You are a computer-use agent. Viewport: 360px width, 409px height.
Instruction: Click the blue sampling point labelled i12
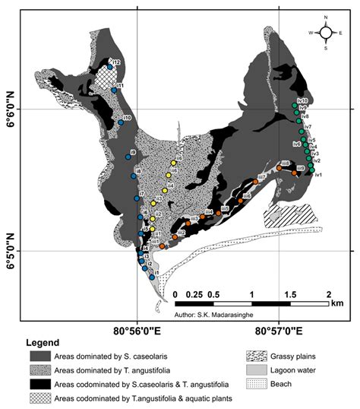point(110,68)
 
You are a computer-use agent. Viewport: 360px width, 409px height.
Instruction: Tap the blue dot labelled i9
point(128,157)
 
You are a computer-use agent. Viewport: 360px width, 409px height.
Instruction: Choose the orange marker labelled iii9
point(294,173)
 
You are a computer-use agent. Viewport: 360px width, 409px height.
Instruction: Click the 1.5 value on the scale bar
point(290,293)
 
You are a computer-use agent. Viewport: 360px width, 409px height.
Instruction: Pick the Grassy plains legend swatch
point(259,355)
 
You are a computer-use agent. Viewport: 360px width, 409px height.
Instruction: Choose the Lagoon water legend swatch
point(259,369)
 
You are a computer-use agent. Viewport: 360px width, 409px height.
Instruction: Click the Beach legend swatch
point(259,383)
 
